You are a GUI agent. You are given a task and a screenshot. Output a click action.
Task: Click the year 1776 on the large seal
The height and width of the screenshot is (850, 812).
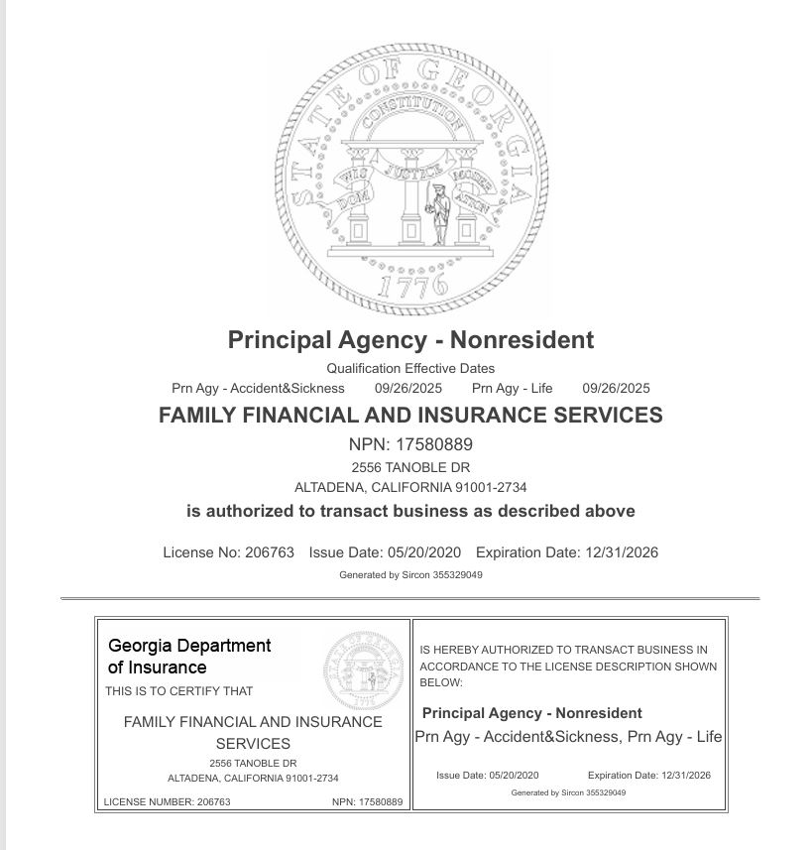411,287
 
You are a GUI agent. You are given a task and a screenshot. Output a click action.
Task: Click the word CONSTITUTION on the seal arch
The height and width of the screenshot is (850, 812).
410,124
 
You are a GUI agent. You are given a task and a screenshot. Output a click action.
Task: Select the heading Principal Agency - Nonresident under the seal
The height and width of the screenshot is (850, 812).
410,340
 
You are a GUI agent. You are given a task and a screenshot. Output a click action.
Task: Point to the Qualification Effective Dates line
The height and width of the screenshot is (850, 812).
410,368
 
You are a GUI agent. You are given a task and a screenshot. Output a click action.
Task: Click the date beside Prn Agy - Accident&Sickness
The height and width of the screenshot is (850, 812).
408,388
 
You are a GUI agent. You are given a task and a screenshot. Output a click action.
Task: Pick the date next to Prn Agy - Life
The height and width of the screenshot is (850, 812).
616,388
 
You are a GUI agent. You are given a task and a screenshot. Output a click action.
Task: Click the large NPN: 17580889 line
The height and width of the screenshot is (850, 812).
410,444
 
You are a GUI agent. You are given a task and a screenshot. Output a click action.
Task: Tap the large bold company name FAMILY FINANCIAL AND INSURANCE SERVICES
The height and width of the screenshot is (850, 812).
410,416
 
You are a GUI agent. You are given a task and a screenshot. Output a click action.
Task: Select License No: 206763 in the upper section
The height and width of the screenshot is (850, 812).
228,552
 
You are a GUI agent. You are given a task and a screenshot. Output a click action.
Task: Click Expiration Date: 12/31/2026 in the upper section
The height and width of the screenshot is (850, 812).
567,552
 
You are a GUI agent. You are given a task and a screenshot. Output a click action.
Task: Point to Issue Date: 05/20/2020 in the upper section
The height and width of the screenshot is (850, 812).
385,552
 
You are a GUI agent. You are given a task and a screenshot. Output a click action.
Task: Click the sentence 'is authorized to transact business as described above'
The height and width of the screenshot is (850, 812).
410,512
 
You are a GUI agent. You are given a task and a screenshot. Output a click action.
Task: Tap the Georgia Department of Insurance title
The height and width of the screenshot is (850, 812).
189,657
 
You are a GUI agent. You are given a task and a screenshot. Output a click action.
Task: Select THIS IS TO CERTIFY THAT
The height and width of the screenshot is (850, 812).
179,691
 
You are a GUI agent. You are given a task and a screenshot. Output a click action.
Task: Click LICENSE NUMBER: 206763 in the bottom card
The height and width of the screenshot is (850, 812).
167,801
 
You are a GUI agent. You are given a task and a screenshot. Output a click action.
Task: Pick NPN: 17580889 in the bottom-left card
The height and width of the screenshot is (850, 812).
367,801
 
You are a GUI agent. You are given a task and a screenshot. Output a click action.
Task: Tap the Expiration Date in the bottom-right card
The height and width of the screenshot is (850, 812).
649,776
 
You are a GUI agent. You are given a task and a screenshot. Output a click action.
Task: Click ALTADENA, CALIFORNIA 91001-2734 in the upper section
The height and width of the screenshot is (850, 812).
410,487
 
